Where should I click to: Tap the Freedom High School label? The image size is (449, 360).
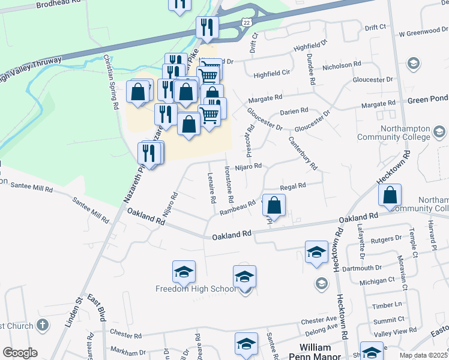196,289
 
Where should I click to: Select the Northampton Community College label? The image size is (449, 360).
394,133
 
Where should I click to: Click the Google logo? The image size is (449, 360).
20,353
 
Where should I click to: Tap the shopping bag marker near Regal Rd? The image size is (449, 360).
274,205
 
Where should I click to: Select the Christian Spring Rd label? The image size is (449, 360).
110,82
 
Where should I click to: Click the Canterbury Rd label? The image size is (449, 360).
303,152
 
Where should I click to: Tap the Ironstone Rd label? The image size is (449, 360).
229,184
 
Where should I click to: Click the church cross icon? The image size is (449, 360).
42,325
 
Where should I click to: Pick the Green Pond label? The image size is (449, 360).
428,99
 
